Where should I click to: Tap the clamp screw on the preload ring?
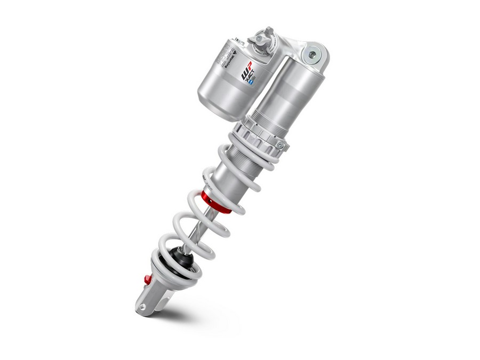pos(278,142)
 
